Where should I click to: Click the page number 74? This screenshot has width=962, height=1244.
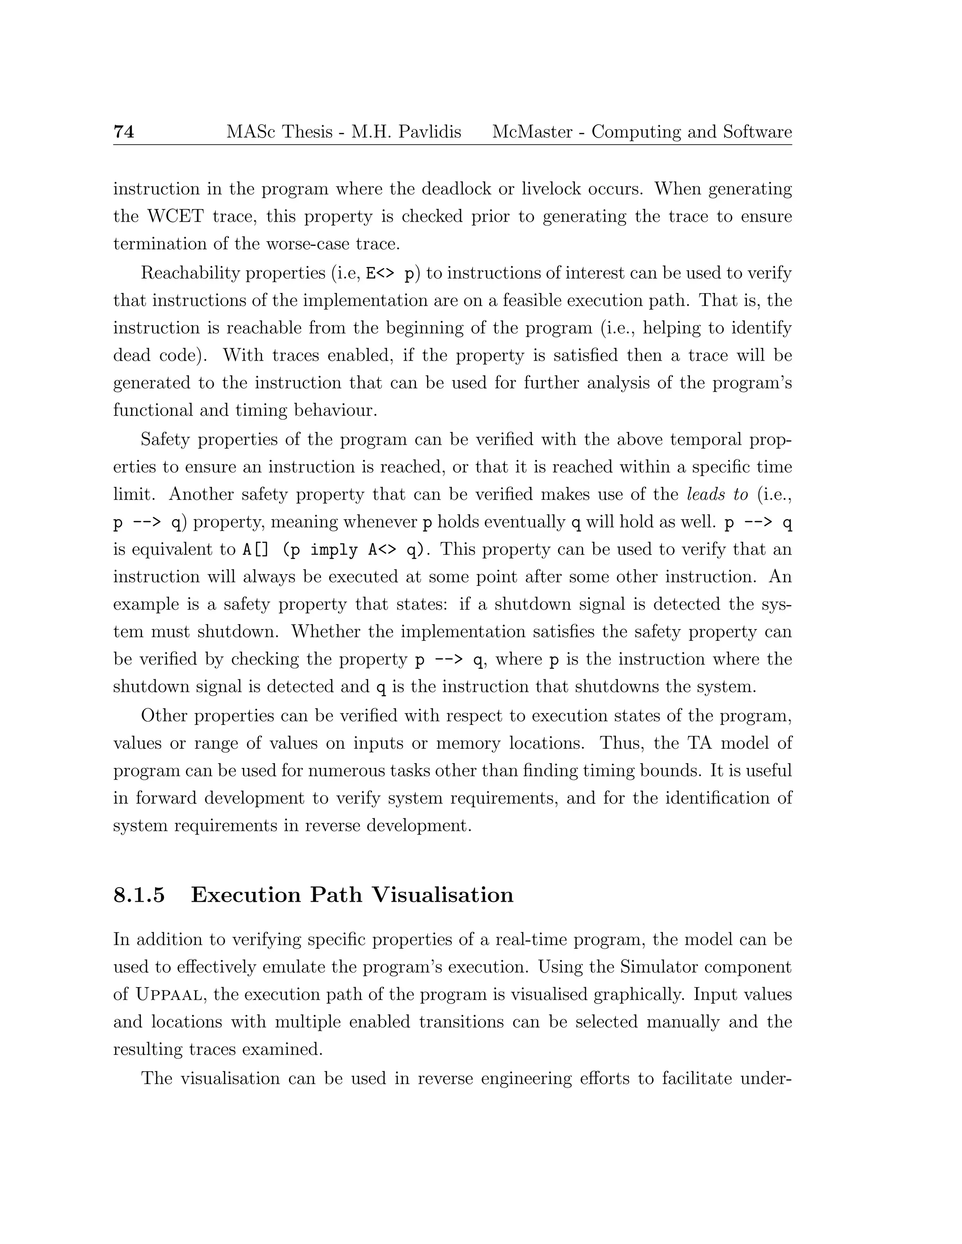(124, 132)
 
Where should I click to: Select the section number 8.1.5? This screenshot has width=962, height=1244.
(139, 895)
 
